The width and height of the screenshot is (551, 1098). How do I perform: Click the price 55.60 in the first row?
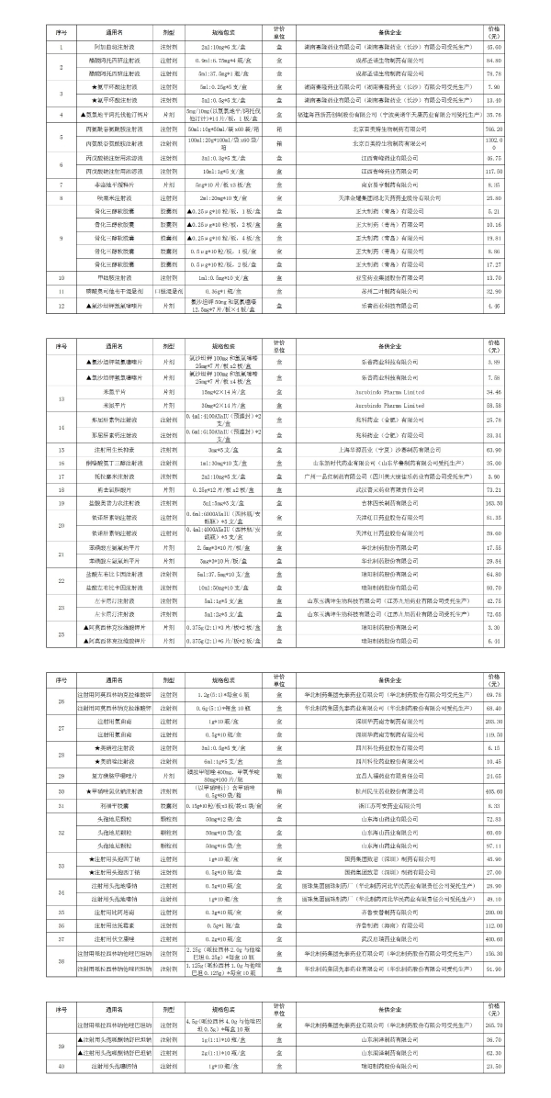519,46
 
